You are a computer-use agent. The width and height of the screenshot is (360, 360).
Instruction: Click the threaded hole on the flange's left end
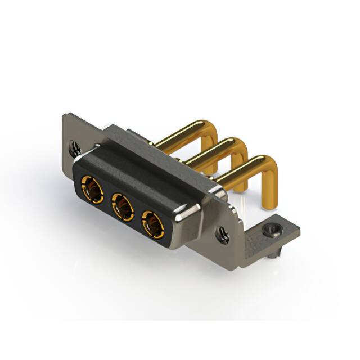(x=75, y=148)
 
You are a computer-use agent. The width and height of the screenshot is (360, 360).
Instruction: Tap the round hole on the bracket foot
(x=272, y=229)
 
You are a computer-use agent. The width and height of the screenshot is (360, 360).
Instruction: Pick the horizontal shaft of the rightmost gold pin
(x=236, y=172)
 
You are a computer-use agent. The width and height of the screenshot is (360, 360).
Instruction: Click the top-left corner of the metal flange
(x=65, y=115)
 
